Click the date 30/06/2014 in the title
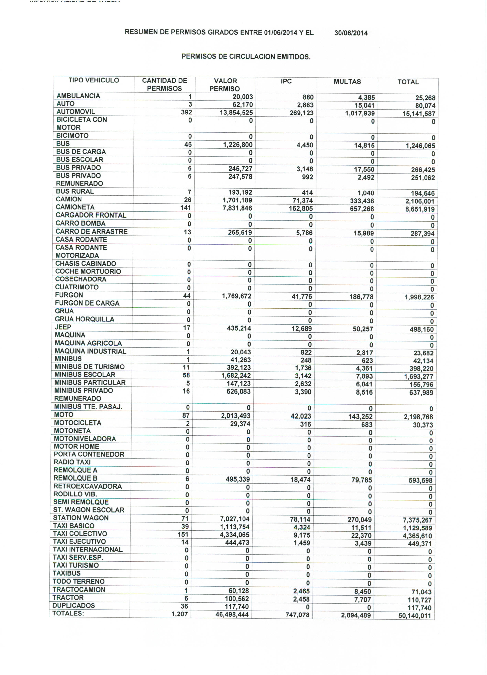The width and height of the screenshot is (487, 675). click(x=351, y=33)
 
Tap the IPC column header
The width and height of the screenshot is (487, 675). click(x=286, y=81)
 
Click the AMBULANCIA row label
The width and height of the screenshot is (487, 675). click(x=78, y=96)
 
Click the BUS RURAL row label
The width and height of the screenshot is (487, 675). click(x=75, y=191)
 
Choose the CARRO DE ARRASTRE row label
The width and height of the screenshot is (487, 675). click(x=91, y=232)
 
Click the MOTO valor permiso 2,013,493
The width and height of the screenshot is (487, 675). click(x=236, y=416)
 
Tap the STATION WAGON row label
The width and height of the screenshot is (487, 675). click(x=81, y=518)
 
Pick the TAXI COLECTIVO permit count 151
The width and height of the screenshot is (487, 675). click(x=183, y=534)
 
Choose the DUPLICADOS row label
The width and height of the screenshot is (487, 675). click(x=73, y=605)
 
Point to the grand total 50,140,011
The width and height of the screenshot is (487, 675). click(x=415, y=615)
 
